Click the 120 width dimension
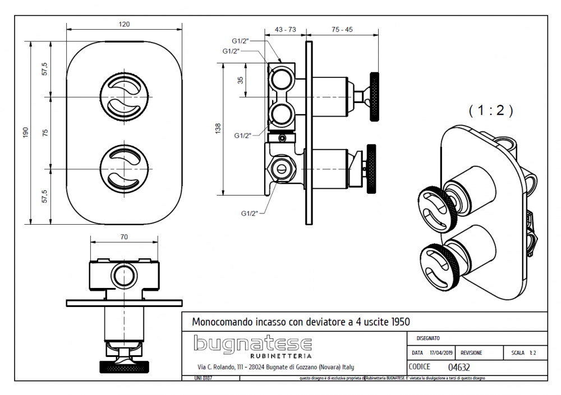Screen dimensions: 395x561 124,24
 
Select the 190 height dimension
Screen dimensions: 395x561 25,133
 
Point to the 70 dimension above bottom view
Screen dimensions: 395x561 124,237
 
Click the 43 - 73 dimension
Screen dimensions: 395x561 286,29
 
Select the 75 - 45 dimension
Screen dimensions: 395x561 342,29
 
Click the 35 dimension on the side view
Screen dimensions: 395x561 241,80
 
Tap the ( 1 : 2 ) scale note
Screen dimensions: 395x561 490,111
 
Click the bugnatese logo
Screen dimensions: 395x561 252,345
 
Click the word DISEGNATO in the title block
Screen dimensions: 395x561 428,338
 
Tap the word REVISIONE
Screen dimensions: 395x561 471,354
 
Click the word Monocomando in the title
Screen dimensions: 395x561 217,322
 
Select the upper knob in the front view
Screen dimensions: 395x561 124,97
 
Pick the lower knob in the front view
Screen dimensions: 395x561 124,168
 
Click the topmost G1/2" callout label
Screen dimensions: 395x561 241,41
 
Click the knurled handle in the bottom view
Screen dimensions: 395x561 124,368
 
